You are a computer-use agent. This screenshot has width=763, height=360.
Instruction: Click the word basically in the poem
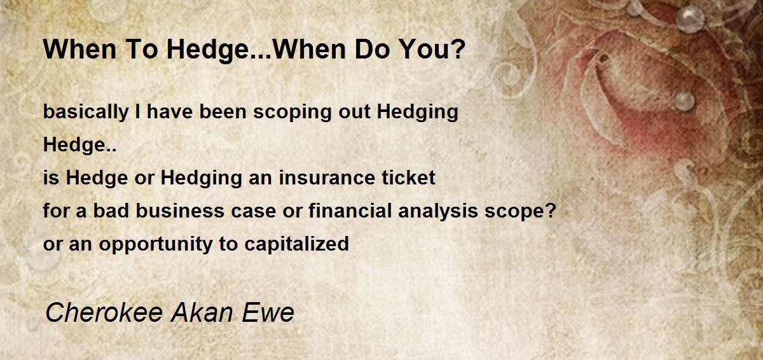[x=86, y=112]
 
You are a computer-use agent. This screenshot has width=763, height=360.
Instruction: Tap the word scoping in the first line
[x=292, y=112]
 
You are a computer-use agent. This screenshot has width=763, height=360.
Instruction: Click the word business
[x=180, y=211]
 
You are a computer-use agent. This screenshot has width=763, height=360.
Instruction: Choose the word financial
[x=350, y=211]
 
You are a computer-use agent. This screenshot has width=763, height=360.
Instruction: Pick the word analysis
[x=438, y=212]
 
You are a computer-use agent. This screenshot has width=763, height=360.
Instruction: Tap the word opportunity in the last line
[x=156, y=244]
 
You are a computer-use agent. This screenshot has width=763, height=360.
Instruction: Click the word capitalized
[x=297, y=244]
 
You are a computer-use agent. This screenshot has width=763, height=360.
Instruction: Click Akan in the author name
[x=202, y=312]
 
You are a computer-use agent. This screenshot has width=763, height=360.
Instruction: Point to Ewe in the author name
[x=268, y=312]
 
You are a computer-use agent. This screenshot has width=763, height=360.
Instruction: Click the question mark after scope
[x=551, y=211]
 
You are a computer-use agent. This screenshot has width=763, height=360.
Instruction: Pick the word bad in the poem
[x=111, y=211]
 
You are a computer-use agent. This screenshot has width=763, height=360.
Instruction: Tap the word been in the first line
[x=223, y=112]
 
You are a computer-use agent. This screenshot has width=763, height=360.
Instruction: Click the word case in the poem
[x=254, y=212]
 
